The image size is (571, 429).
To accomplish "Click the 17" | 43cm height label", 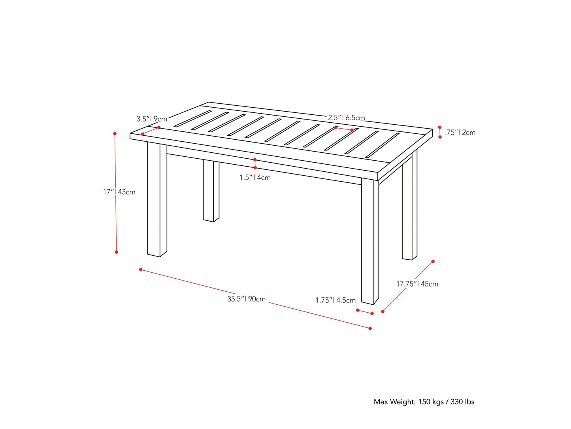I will (x=119, y=192).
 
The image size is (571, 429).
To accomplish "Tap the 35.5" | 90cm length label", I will (x=246, y=299).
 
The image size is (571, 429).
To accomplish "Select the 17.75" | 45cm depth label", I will (x=417, y=284).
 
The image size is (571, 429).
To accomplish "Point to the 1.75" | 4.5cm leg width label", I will (x=335, y=300).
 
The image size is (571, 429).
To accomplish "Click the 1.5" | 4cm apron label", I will (x=255, y=177).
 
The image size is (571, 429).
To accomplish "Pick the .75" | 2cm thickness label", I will (x=460, y=133).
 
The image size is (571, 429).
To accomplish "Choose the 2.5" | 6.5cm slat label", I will (x=346, y=118).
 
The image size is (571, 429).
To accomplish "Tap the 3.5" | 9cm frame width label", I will (x=152, y=119).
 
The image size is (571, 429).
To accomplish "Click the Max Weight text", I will (x=424, y=402).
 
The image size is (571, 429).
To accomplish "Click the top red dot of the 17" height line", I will (x=115, y=134).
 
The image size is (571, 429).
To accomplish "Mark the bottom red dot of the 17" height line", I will (x=117, y=252).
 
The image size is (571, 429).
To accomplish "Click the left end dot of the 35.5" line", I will (x=141, y=270).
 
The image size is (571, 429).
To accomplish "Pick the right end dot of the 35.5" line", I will (x=370, y=328).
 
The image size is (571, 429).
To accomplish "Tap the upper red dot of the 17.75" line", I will (x=433, y=261).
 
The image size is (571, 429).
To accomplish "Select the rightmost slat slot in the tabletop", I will (x=383, y=145).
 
